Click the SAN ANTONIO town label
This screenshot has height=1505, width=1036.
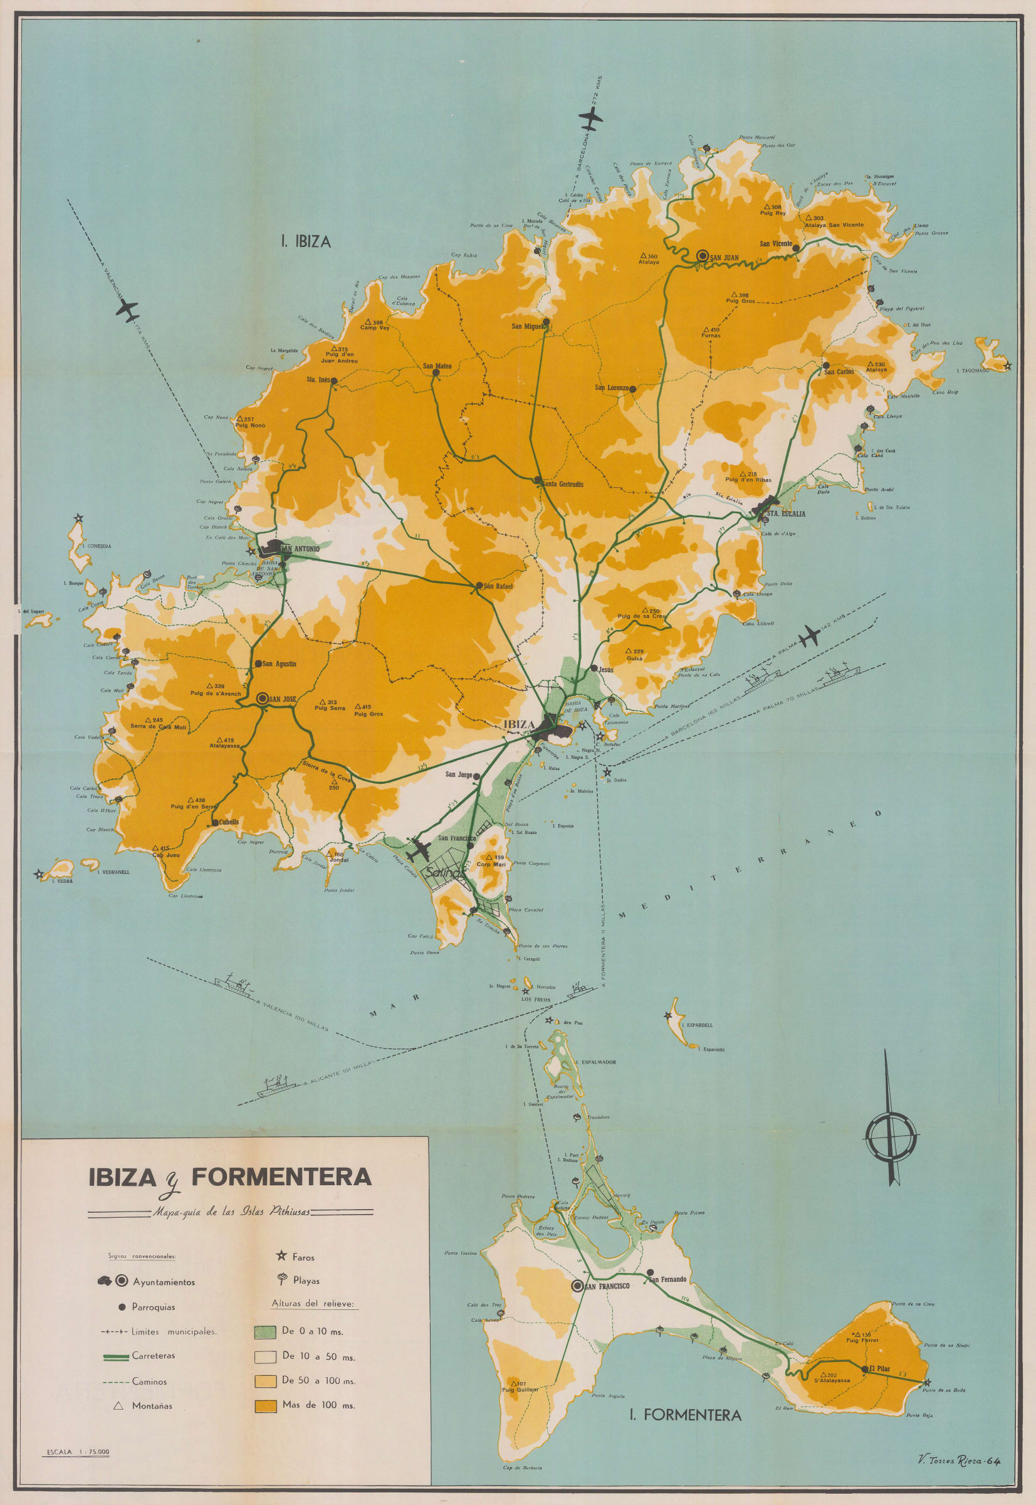(x=301, y=549)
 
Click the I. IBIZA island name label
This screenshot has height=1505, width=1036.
(x=306, y=241)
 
